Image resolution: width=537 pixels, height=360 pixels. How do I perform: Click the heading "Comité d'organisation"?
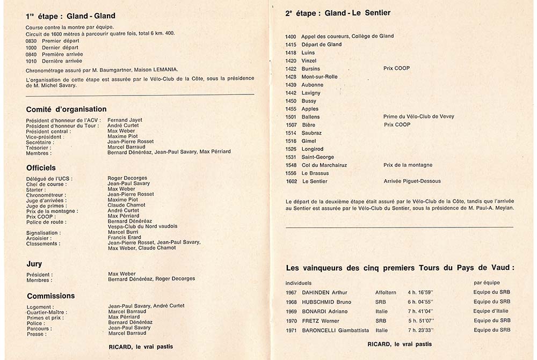(x=66, y=109)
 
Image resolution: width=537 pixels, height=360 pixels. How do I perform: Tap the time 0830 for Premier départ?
(x=31, y=41)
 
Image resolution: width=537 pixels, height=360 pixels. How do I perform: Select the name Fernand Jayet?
(x=125, y=120)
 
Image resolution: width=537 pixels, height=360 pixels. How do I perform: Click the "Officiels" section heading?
(x=41, y=168)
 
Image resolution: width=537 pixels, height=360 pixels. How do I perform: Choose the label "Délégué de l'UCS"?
(x=49, y=178)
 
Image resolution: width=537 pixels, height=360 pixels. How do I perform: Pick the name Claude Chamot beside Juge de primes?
(x=126, y=205)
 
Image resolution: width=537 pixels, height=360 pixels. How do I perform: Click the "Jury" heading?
(x=34, y=264)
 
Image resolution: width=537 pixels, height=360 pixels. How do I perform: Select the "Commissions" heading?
(x=51, y=296)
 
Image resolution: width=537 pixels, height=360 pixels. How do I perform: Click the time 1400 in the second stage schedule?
(x=291, y=36)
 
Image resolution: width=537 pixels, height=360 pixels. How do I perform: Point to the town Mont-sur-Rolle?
(x=320, y=77)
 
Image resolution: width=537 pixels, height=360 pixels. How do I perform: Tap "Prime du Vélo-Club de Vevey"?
(x=419, y=116)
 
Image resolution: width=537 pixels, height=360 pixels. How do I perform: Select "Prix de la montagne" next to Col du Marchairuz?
(x=408, y=165)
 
